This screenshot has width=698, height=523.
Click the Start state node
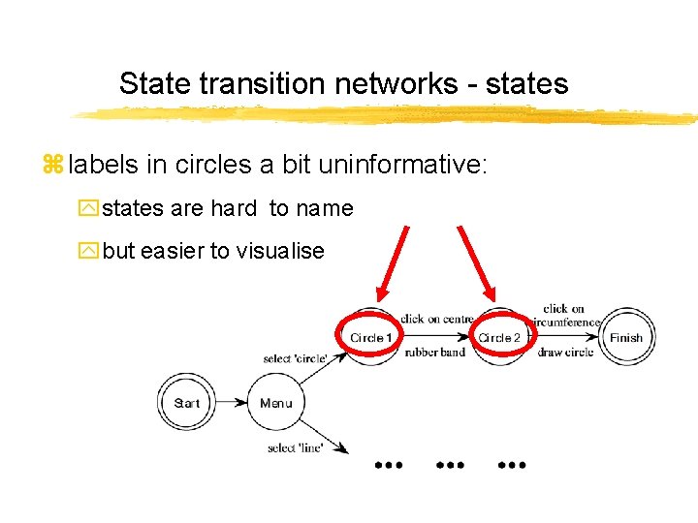pyautogui.click(x=187, y=403)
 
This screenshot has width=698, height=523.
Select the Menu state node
pyautogui.click(x=276, y=403)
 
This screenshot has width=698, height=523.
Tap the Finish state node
pyautogui.click(x=625, y=338)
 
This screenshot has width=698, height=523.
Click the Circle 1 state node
pyautogui.click(x=371, y=337)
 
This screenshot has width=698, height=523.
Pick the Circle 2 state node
pyautogui.click(x=499, y=337)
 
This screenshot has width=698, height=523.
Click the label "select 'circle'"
pyautogui.click(x=295, y=359)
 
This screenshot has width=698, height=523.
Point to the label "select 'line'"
pyautogui.click(x=295, y=447)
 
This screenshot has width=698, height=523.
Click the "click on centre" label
pyautogui.click(x=437, y=318)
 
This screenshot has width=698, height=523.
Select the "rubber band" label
pyautogui.click(x=435, y=352)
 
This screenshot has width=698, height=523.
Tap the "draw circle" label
pyautogui.click(x=565, y=352)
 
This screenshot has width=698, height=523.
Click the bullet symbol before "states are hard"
pyautogui.click(x=89, y=208)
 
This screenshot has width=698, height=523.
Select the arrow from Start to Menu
pyautogui.click(x=233, y=403)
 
